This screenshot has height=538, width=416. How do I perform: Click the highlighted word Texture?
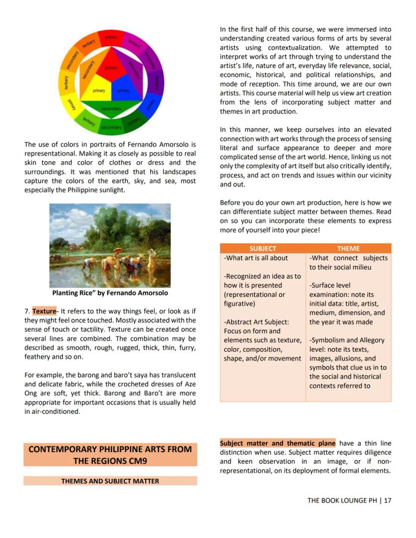[44, 311]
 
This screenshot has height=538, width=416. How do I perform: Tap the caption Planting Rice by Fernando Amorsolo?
[110, 293]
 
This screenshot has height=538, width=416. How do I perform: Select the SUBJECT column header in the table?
[262, 248]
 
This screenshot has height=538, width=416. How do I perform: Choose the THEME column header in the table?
[348, 248]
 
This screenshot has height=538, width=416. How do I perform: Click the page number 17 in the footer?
[387, 500]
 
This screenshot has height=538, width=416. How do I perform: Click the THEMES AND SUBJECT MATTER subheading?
[110, 481]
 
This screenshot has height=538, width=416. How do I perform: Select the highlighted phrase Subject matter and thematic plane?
[277, 444]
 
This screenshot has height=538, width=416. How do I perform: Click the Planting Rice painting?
[110, 245]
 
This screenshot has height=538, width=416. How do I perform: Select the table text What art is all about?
[256, 258]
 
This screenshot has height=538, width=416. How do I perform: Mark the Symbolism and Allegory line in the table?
[347, 340]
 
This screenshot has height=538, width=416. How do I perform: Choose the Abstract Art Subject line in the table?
[256, 322]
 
